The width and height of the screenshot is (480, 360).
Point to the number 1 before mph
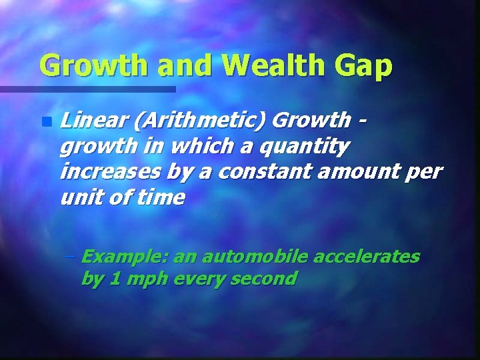pyautogui.click(x=115, y=278)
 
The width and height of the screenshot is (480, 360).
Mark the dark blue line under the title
pyautogui.click(x=87, y=89)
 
